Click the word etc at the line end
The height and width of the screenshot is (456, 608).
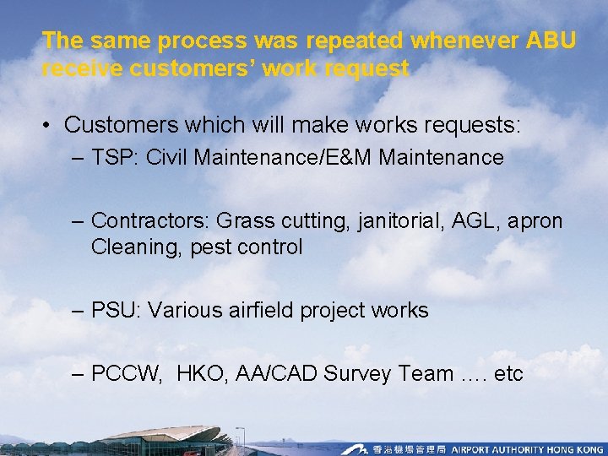point(508,374)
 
